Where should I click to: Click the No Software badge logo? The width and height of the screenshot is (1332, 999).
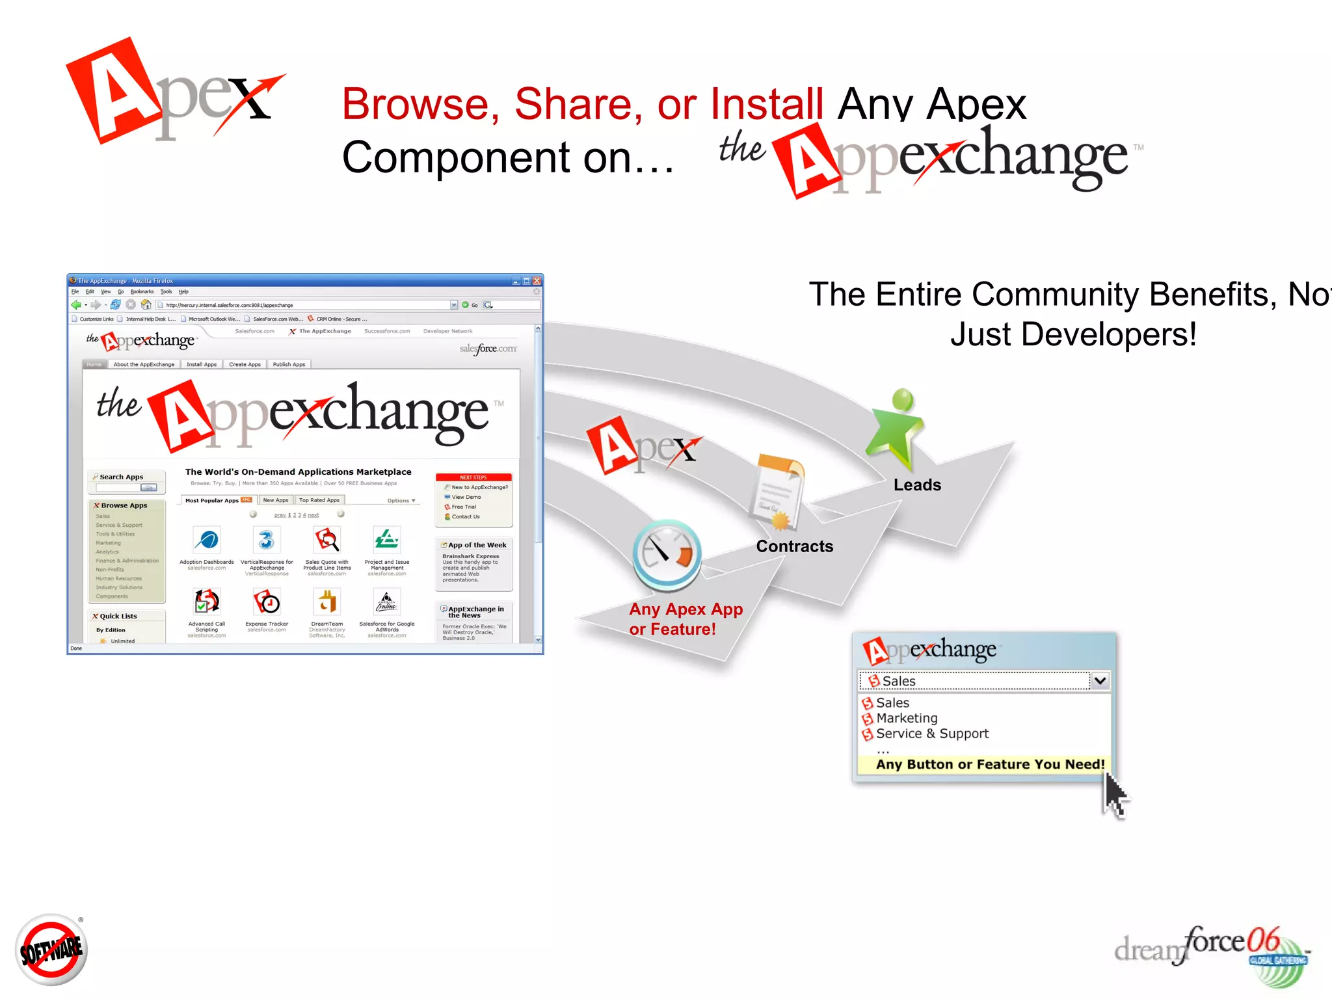51,949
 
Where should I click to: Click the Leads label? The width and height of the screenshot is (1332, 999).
917,485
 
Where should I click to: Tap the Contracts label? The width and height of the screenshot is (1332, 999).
794,546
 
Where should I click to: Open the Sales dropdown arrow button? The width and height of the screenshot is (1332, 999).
1100,681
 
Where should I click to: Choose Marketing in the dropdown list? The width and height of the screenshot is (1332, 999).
906,718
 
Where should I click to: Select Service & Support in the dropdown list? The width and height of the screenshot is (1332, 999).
931,734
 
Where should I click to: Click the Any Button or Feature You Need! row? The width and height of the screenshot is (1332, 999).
989,764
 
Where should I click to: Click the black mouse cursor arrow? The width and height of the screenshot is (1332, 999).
1115,795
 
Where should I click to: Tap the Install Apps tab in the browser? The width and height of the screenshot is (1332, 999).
202,364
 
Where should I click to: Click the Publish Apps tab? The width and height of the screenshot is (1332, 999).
289,364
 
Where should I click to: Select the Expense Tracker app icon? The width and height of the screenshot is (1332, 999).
267,602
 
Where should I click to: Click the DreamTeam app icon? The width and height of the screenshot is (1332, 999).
326,602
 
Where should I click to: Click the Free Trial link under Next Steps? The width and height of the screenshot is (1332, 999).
464,507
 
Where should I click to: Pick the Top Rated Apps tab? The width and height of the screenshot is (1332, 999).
319,500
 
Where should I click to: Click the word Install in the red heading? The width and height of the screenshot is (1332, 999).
767,104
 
